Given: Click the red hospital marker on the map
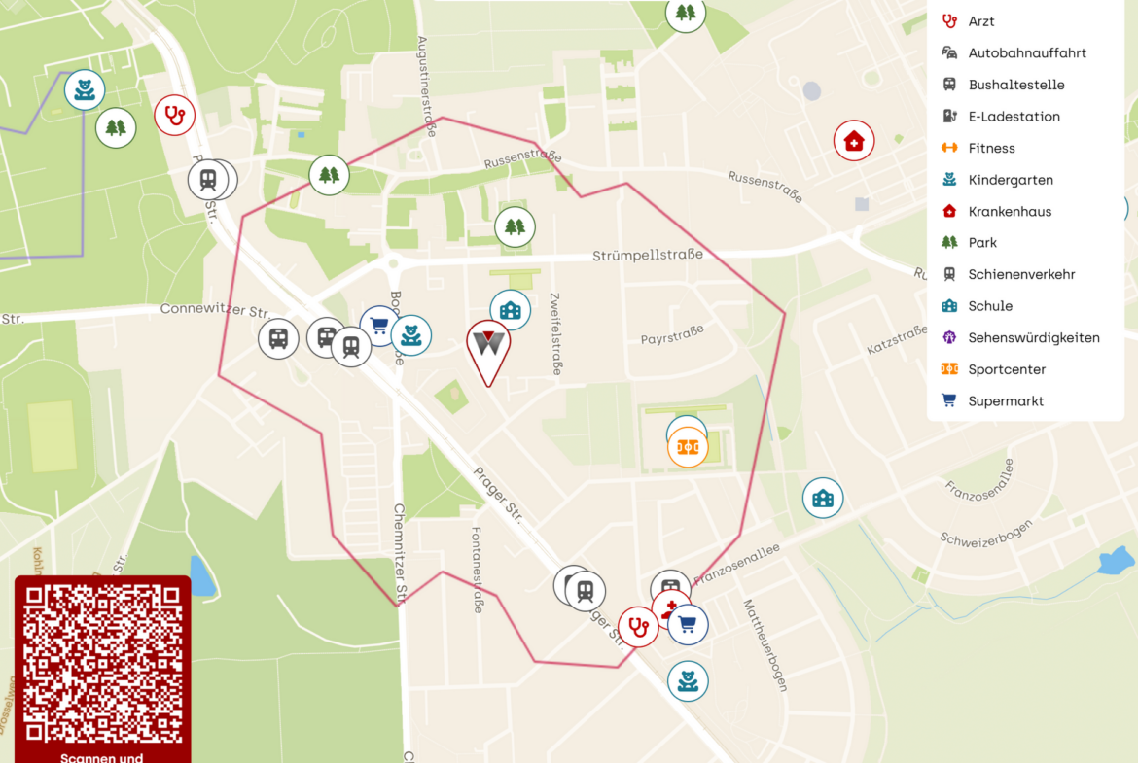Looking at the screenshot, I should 854,141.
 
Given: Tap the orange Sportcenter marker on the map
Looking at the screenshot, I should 688,447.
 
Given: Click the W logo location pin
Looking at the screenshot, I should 488,346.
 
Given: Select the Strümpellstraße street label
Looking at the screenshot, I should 647,256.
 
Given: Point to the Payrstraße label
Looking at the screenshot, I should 672,336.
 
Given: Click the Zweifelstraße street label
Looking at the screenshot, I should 555,333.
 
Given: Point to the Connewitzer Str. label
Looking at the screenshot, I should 215,311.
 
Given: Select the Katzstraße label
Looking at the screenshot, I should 897,340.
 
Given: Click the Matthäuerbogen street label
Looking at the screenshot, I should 764,644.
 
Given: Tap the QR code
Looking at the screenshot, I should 102,664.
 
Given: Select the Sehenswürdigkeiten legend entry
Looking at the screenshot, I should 1033,338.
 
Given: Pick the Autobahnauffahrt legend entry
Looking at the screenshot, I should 1026,53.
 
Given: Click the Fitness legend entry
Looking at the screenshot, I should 991,149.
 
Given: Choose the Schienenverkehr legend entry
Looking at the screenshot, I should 1021,275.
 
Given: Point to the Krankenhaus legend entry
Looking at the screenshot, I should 1009,212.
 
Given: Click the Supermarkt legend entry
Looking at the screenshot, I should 1006,401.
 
